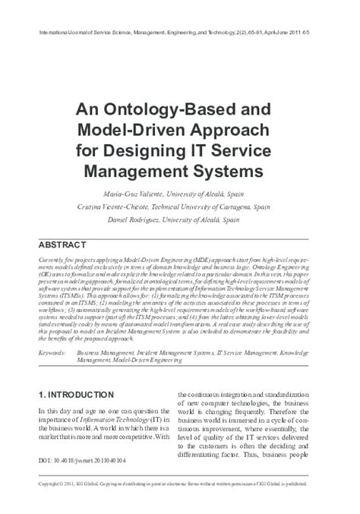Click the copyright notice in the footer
[179, 484]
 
